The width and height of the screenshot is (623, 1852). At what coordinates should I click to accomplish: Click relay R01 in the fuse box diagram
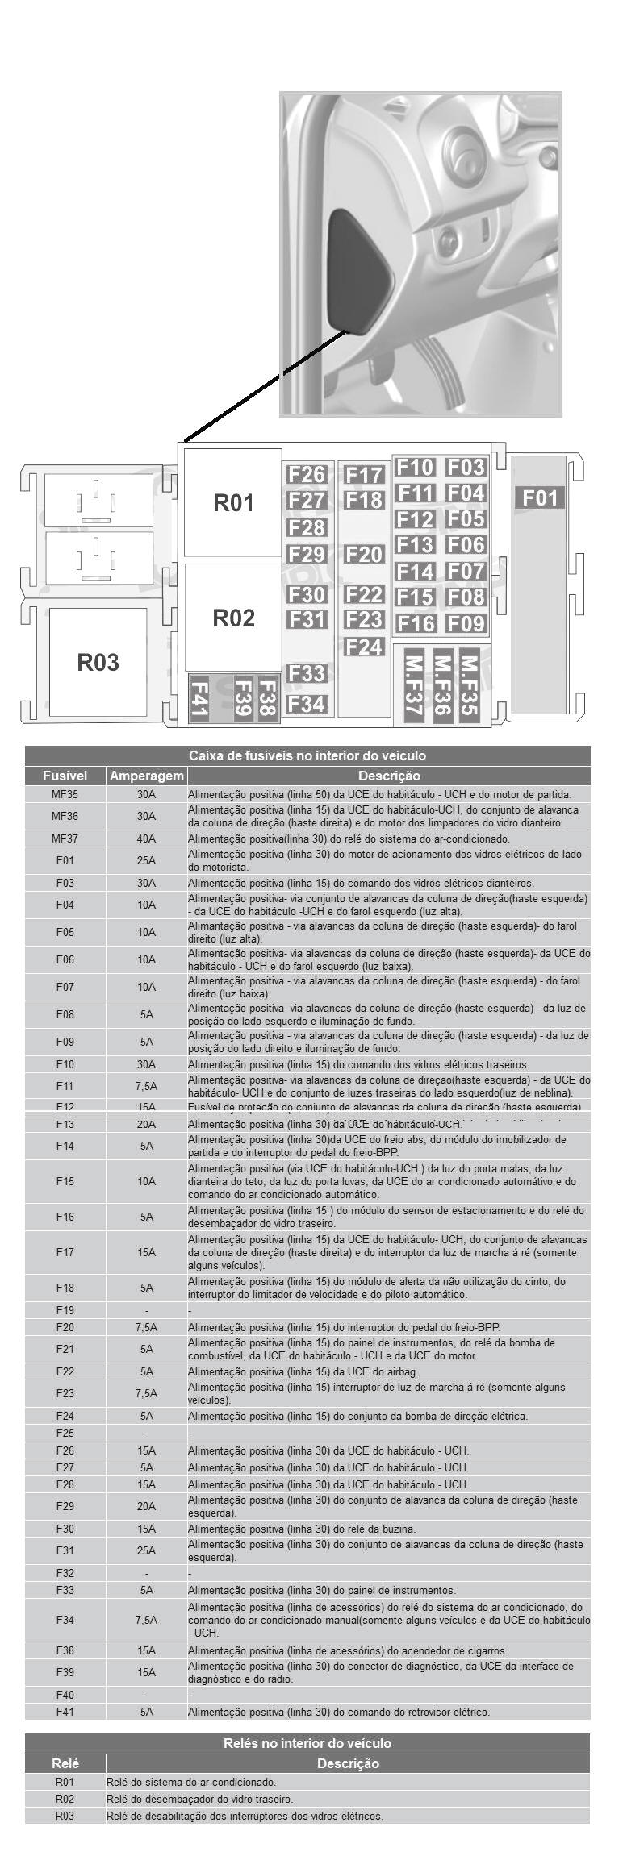tap(233, 503)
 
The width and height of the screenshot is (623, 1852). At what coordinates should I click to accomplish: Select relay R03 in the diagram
tap(98, 662)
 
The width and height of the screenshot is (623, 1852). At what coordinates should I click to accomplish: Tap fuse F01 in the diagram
tap(540, 497)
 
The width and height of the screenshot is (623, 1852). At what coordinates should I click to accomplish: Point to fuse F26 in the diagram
tap(307, 475)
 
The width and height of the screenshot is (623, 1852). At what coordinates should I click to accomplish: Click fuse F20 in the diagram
tap(364, 555)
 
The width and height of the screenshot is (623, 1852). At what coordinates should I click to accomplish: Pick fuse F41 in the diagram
tap(199, 698)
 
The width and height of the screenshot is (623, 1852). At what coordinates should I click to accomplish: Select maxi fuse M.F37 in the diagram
tap(414, 685)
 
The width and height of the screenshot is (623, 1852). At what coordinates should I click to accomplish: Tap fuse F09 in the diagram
tap(466, 623)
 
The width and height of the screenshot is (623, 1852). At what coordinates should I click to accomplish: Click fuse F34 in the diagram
tap(307, 704)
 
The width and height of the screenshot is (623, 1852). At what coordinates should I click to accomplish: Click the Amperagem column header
tap(146, 776)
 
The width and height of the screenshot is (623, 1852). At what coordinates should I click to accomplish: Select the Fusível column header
tap(65, 776)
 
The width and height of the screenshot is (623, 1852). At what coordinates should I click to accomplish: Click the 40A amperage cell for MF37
tap(146, 839)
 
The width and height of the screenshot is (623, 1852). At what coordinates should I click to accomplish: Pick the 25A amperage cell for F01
tap(146, 860)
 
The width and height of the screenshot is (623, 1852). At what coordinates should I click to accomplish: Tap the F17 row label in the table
tap(65, 1252)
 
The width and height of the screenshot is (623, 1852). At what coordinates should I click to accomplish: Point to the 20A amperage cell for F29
tap(146, 1506)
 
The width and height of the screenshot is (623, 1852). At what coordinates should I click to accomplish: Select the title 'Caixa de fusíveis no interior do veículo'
tap(307, 755)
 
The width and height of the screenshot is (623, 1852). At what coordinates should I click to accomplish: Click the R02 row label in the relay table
tap(65, 1799)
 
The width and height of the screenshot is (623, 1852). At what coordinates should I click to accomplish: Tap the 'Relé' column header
tap(65, 1763)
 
